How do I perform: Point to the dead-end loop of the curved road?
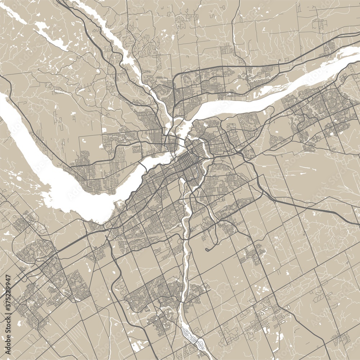tap(207, 249)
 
